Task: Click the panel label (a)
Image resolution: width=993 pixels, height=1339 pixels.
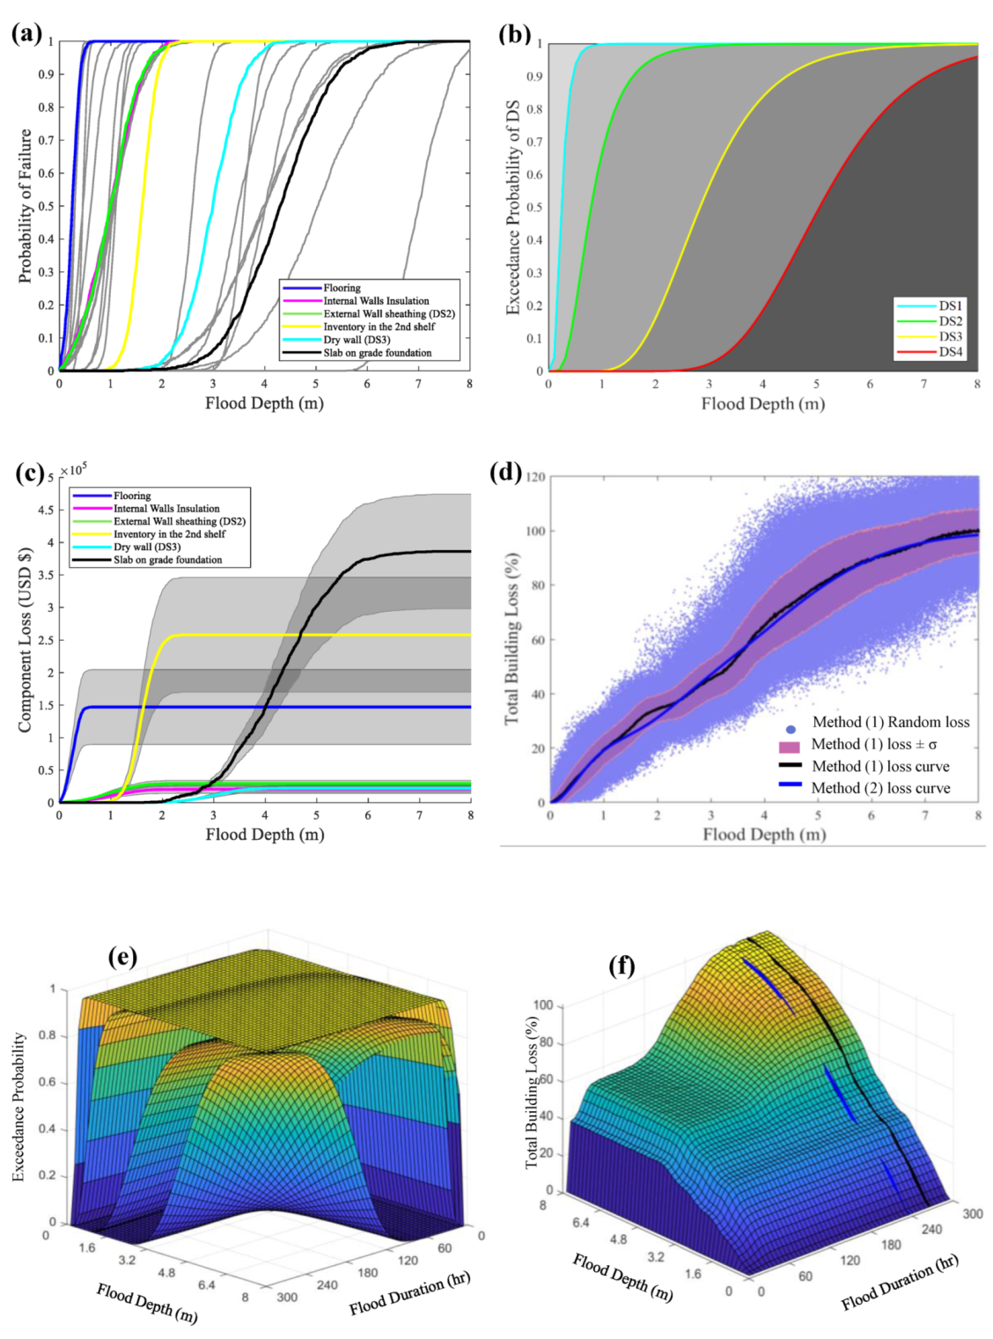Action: [27, 33]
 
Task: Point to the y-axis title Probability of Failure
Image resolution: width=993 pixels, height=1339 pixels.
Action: [25, 206]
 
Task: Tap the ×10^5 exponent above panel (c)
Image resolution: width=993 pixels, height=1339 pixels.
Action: [74, 470]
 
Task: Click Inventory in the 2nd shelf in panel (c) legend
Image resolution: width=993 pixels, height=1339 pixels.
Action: [169, 534]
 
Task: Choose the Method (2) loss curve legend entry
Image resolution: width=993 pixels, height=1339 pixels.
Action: [880, 788]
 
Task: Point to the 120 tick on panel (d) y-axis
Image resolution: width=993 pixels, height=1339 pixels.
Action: [539, 477]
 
